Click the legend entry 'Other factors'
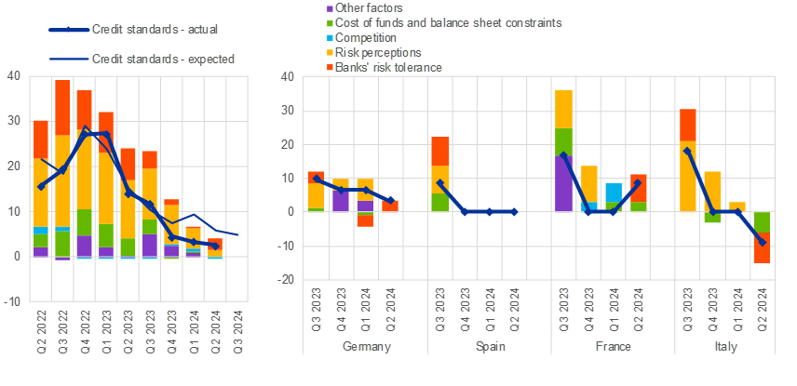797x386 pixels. pyautogui.click(x=342, y=7)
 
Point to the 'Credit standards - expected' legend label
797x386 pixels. pyautogui.click(x=163, y=59)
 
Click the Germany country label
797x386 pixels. pyautogui.click(x=365, y=346)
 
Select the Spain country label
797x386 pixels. pyautogui.click(x=489, y=346)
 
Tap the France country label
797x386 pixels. pyautogui.click(x=613, y=346)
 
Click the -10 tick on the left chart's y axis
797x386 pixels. pyautogui.click(x=15, y=301)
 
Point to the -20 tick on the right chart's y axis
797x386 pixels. pyautogui.click(x=289, y=279)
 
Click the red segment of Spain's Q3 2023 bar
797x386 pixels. pyautogui.click(x=440, y=151)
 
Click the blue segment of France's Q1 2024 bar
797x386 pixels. pyautogui.click(x=614, y=193)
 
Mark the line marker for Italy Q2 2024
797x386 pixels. pyautogui.click(x=763, y=242)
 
